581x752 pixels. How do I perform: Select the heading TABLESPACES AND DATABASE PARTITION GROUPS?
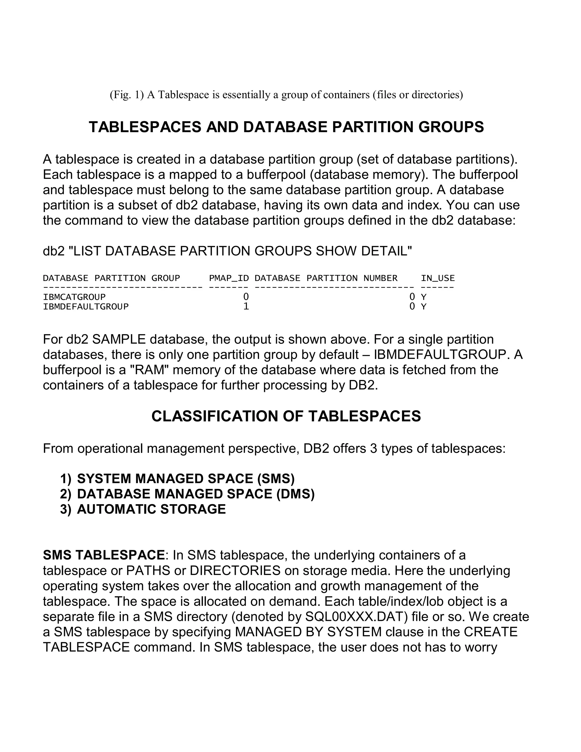286,127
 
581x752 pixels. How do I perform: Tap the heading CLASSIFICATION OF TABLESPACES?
286,416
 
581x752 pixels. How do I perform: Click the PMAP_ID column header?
229,278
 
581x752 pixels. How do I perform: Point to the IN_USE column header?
437,278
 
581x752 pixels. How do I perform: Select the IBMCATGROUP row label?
74,297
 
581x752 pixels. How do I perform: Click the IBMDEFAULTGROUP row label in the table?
86,306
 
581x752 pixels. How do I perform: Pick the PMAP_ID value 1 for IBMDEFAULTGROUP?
246,306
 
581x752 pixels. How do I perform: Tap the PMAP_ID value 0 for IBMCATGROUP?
246,297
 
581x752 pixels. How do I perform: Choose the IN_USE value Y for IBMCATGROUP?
424,297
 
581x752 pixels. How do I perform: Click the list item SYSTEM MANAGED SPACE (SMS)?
186,479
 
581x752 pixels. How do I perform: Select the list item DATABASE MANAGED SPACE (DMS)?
196,494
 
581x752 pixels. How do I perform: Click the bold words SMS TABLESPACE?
104,555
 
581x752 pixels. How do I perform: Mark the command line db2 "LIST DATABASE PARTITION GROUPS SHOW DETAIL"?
227,251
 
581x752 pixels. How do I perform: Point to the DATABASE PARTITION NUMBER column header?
326,278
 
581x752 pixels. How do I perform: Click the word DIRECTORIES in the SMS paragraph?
235,571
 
